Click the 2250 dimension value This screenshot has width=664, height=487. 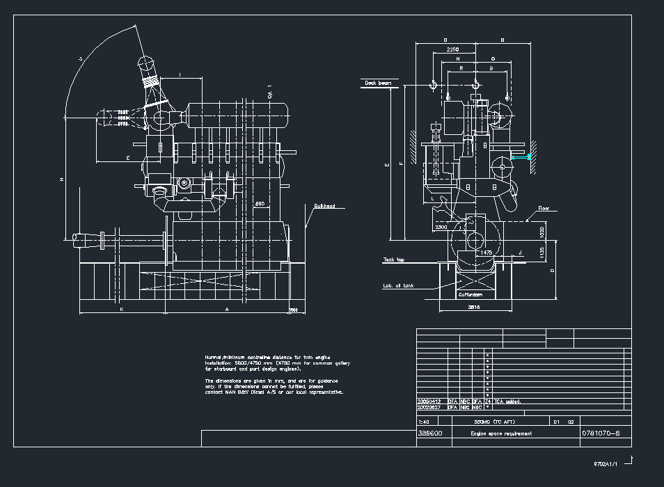pos(452,50)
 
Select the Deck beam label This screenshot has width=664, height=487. pos(378,83)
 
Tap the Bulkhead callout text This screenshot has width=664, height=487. pos(324,206)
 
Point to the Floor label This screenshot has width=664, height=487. pos(544,208)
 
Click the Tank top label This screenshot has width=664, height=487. pos(393,260)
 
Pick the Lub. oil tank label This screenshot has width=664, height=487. pos(397,285)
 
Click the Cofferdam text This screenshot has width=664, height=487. pos(469,295)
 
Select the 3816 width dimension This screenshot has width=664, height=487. pos(474,306)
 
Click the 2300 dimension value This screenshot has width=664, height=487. pos(441,227)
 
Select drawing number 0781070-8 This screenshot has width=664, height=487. pos(600,433)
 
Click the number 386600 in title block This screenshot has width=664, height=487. pos(429,433)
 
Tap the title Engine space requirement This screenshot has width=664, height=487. pos(501,433)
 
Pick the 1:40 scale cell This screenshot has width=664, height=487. pos(424,422)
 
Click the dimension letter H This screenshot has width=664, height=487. pos(61,179)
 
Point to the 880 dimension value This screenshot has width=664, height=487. pos(260,203)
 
